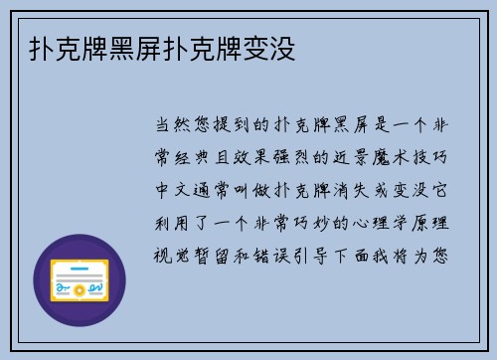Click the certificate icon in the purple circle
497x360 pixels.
click(80, 280)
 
